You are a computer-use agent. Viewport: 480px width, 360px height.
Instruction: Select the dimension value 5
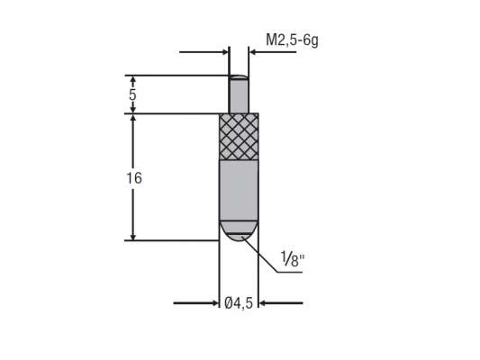(132, 94)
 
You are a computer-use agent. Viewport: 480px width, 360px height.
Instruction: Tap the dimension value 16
(133, 178)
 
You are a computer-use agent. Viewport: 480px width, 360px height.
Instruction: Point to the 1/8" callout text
(293, 260)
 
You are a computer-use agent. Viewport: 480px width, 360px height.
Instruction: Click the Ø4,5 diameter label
(239, 304)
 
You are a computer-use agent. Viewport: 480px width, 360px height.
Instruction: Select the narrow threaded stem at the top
(239, 94)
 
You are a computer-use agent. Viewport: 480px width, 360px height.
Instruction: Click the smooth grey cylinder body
(239, 189)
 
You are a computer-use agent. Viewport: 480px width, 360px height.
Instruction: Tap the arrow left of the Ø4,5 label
(197, 303)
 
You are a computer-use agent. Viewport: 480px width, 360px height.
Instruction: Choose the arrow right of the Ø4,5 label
(280, 303)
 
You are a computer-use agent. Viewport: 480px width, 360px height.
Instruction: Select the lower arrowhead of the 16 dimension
(133, 235)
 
